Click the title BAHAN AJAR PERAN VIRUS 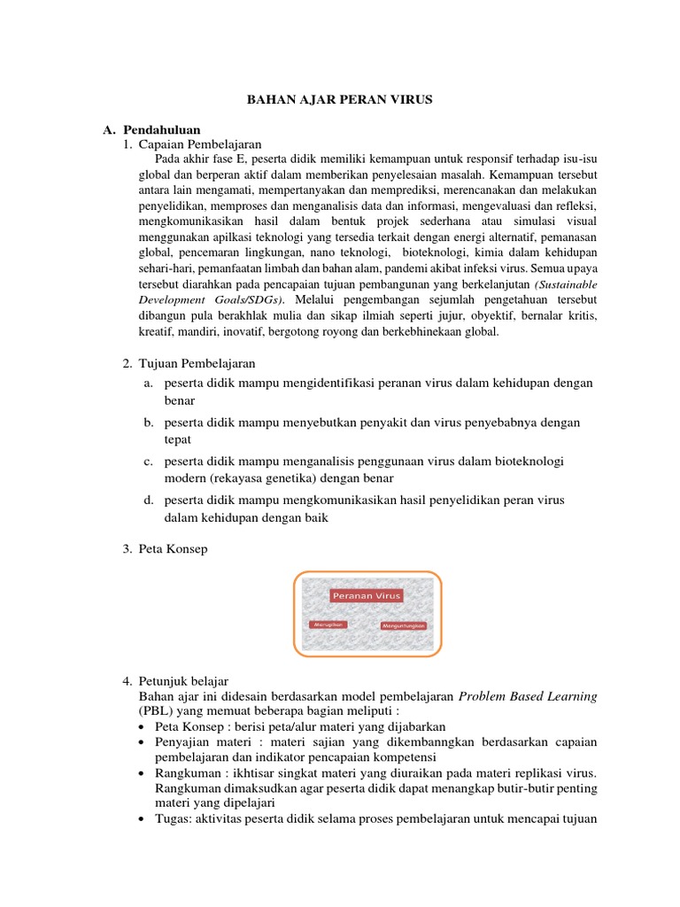[339, 100]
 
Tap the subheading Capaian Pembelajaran [200, 144]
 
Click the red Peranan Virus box [367, 596]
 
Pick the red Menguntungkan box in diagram [404, 625]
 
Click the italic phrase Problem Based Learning [528, 696]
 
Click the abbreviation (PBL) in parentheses [152, 711]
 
